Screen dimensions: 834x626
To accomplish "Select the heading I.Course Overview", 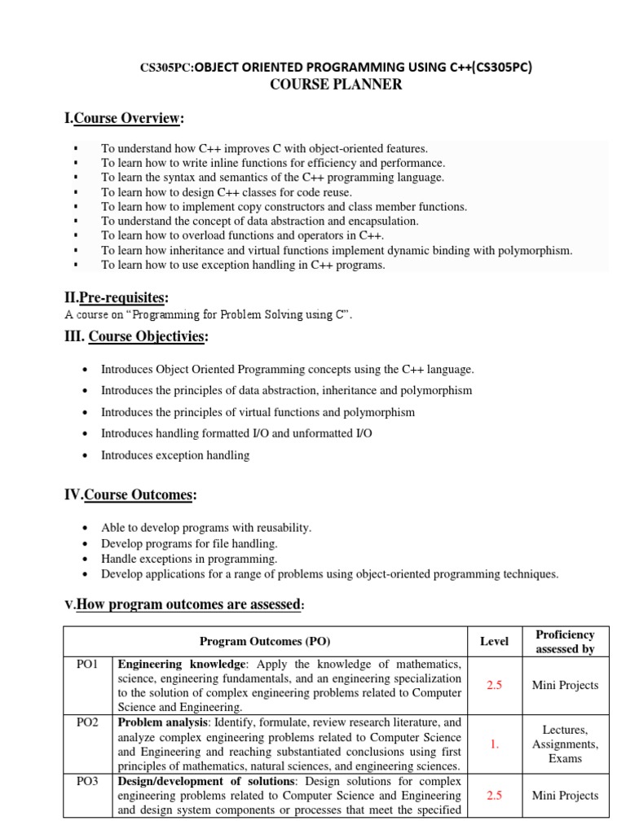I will pos(124,119).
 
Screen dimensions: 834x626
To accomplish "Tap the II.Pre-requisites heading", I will pos(117,298).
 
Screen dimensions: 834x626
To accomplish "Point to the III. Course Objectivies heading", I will pos(136,336).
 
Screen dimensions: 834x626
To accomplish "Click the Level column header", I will pos(494,642).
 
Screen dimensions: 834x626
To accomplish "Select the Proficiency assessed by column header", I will pos(565,642).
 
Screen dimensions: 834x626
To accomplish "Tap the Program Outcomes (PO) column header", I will pos(266,642).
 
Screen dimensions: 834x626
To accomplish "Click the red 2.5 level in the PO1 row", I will pos(494,685).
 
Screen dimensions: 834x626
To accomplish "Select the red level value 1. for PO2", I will pos(494,744).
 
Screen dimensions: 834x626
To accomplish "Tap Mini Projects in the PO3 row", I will pos(565,796).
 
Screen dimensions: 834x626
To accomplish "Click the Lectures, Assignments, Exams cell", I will pos(565,744).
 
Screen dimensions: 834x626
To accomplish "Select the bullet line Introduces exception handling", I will pos(175,455).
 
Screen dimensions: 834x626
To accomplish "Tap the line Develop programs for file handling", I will pos(189,543).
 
